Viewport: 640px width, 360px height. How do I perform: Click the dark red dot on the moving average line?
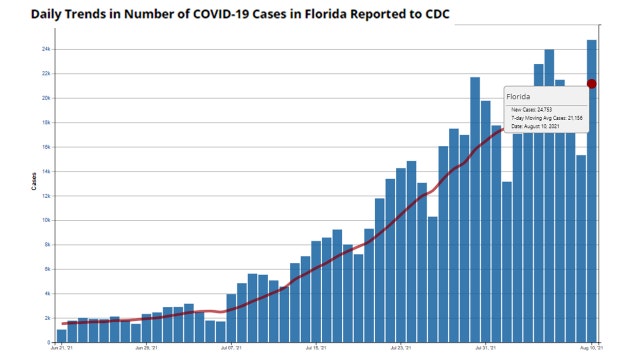[592, 84]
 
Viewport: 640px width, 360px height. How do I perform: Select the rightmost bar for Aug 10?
[592, 200]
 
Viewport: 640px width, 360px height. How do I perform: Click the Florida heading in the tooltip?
[521, 97]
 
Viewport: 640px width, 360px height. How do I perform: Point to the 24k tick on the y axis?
[46, 49]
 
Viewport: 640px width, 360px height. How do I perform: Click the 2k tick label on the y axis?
[47, 318]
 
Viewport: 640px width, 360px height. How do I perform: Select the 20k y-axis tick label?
[46, 98]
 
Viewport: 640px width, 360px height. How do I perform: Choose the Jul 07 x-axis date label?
[231, 349]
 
